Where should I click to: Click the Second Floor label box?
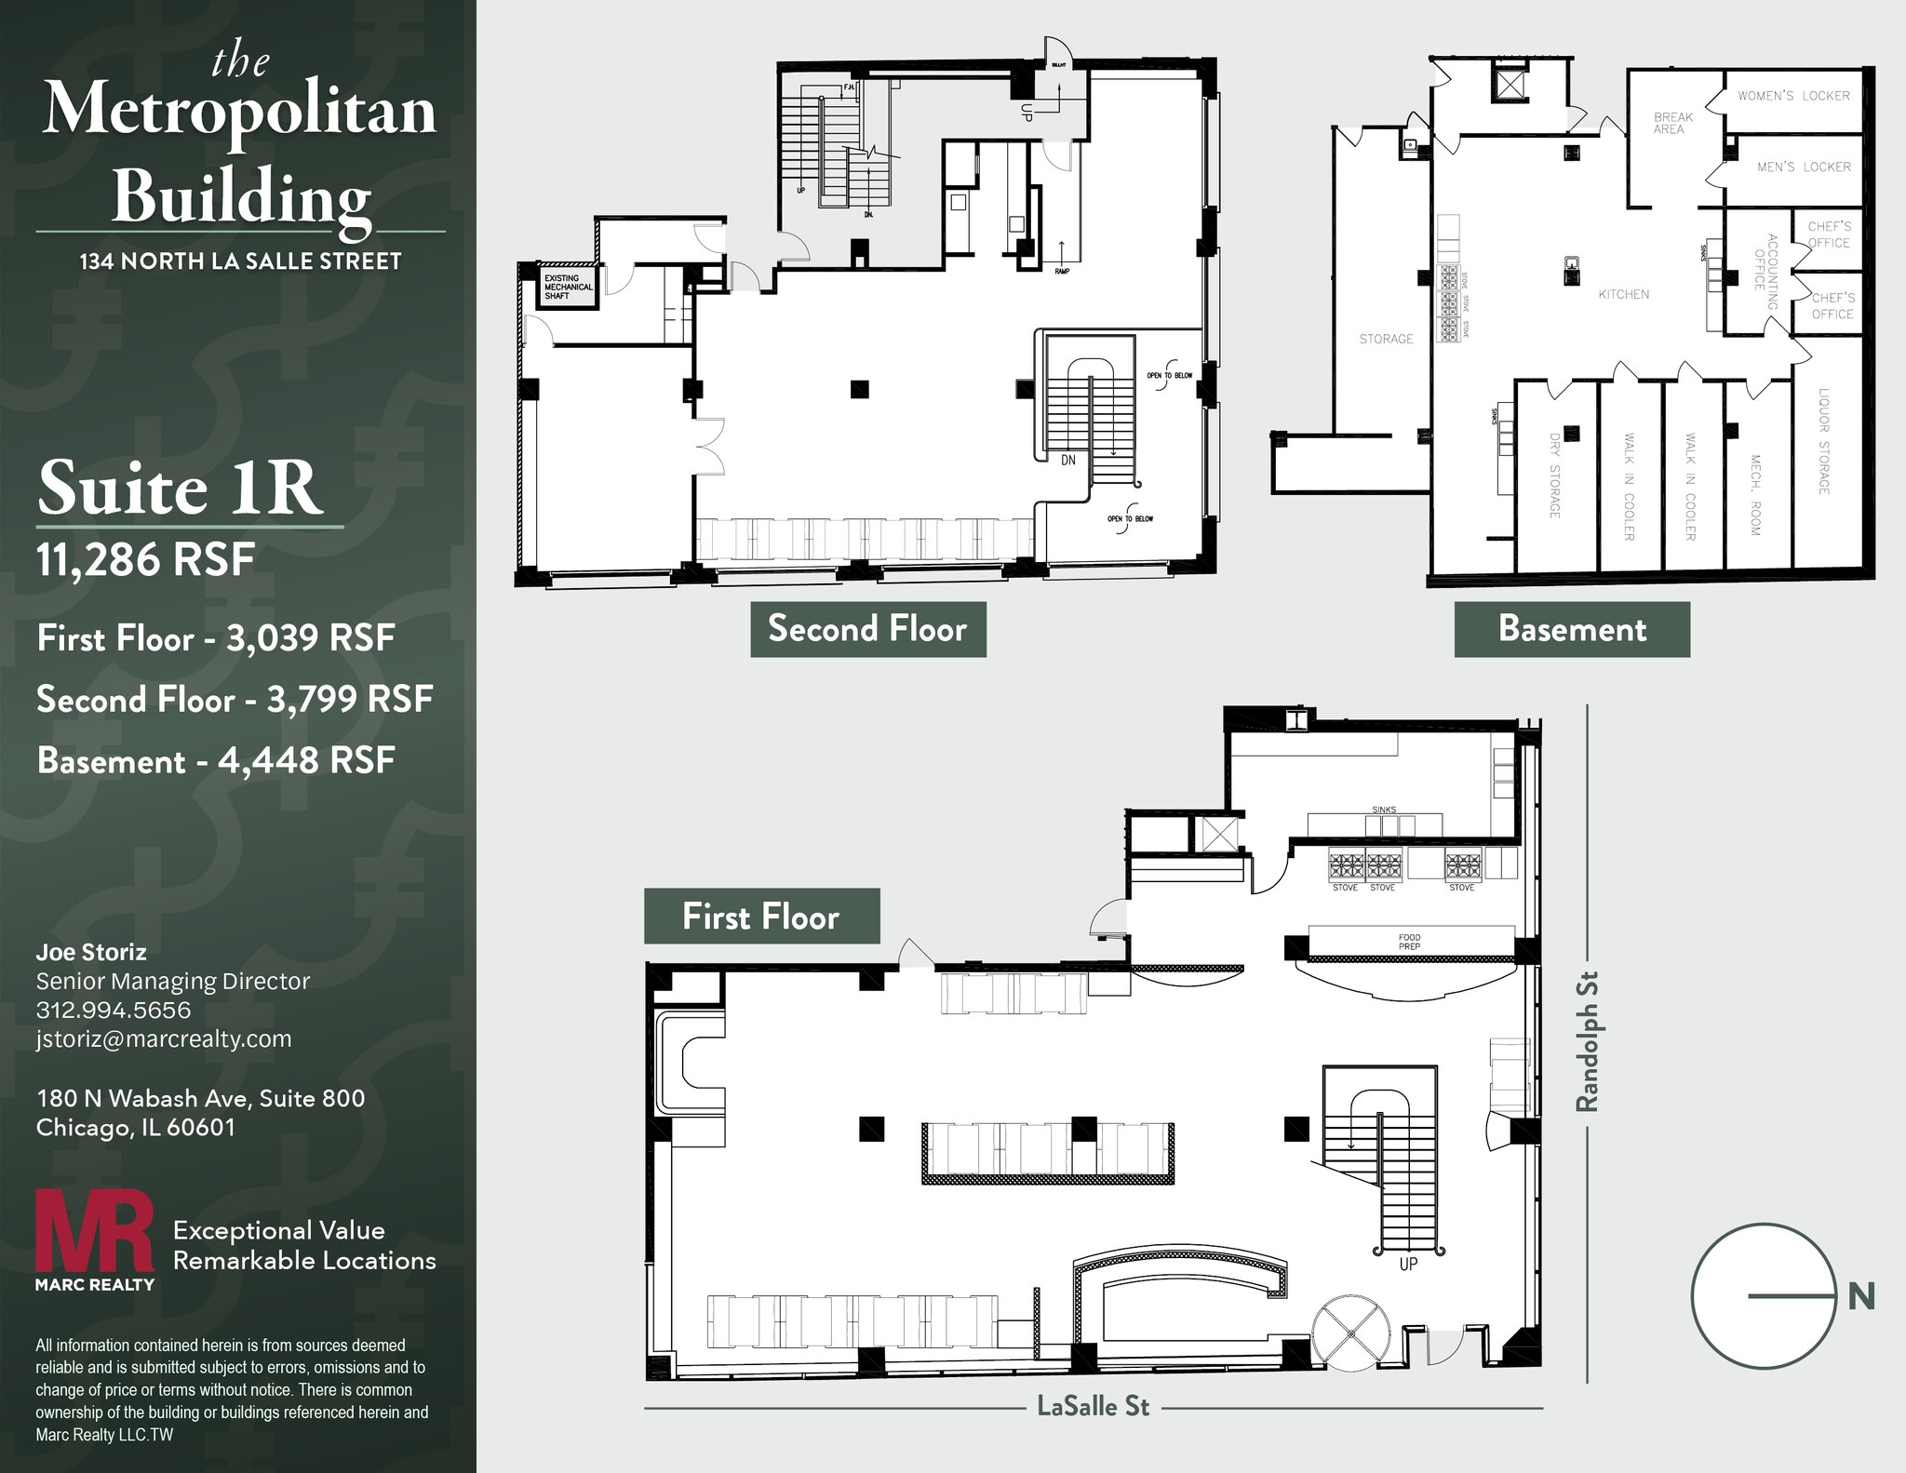click(867, 629)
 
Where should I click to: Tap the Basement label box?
click(1571, 629)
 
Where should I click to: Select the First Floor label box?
click(761, 917)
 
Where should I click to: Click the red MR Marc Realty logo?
click(94, 1238)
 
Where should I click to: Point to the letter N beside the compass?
click(1860, 1296)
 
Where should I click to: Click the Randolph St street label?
click(1587, 1041)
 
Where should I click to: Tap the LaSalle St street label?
click(1093, 1406)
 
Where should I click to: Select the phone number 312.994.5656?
click(114, 1010)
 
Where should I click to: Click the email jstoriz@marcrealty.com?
click(164, 1038)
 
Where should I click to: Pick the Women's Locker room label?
click(1793, 96)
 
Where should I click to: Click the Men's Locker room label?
click(1803, 167)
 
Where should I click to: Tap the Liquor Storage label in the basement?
click(1824, 441)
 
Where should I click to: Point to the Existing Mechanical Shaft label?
click(568, 287)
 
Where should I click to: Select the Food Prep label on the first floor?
click(1409, 942)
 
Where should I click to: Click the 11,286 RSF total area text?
click(145, 560)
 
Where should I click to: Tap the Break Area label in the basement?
click(1672, 123)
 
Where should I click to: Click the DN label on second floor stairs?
click(1067, 461)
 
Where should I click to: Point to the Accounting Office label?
click(1765, 274)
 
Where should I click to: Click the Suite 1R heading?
click(181, 488)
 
